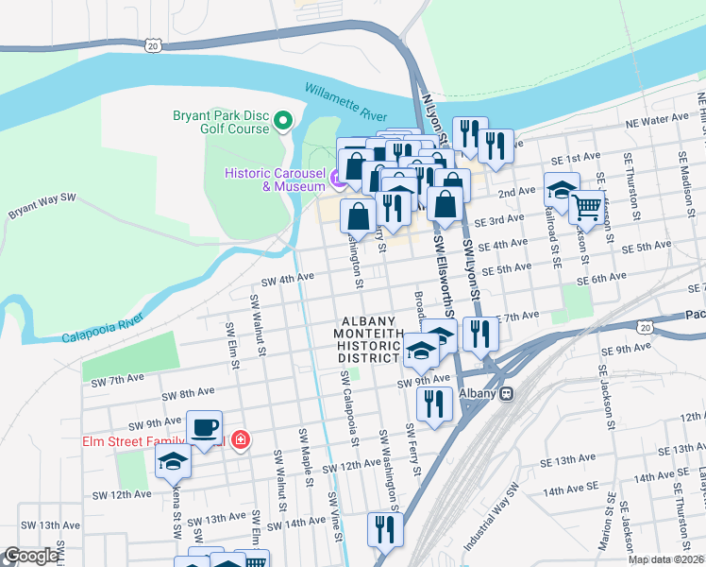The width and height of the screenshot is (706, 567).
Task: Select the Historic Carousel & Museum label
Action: [x=273, y=180]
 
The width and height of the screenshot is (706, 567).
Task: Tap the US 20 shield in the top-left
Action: [x=154, y=44]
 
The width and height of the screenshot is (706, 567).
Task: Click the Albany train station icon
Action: [x=507, y=393]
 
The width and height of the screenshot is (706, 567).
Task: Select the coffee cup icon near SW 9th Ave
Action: [x=204, y=427]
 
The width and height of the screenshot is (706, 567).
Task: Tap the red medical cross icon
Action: [x=241, y=440]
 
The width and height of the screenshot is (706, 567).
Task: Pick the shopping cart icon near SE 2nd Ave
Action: [x=587, y=206]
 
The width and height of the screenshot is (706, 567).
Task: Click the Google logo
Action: [x=31, y=557]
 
